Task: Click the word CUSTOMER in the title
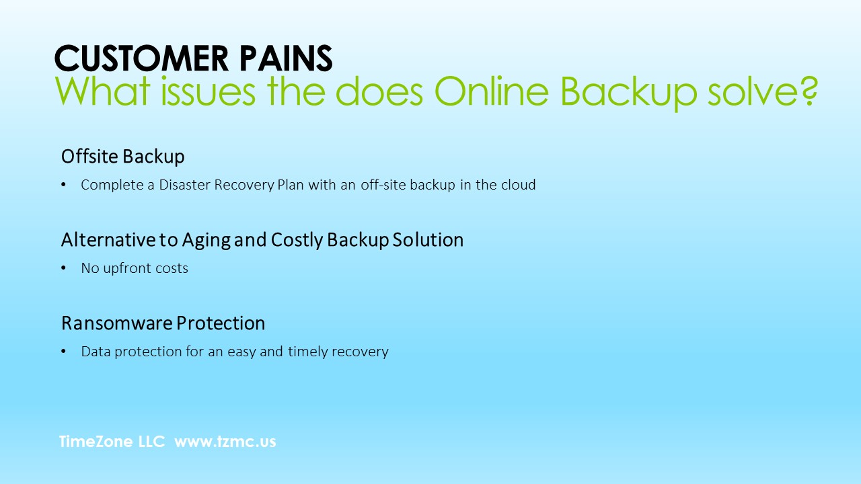coord(142,58)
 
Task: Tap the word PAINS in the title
coord(286,58)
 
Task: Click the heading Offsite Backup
coord(123,157)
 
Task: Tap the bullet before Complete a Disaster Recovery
coord(63,185)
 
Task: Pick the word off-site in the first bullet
coord(383,185)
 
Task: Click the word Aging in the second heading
coord(207,241)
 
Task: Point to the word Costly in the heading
coord(297,241)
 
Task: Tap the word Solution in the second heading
coord(428,240)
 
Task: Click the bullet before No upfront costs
coord(63,268)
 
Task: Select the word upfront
coord(128,268)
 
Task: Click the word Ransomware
coord(117,323)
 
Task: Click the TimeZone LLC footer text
coord(112,442)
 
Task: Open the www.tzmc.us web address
coord(225,442)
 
